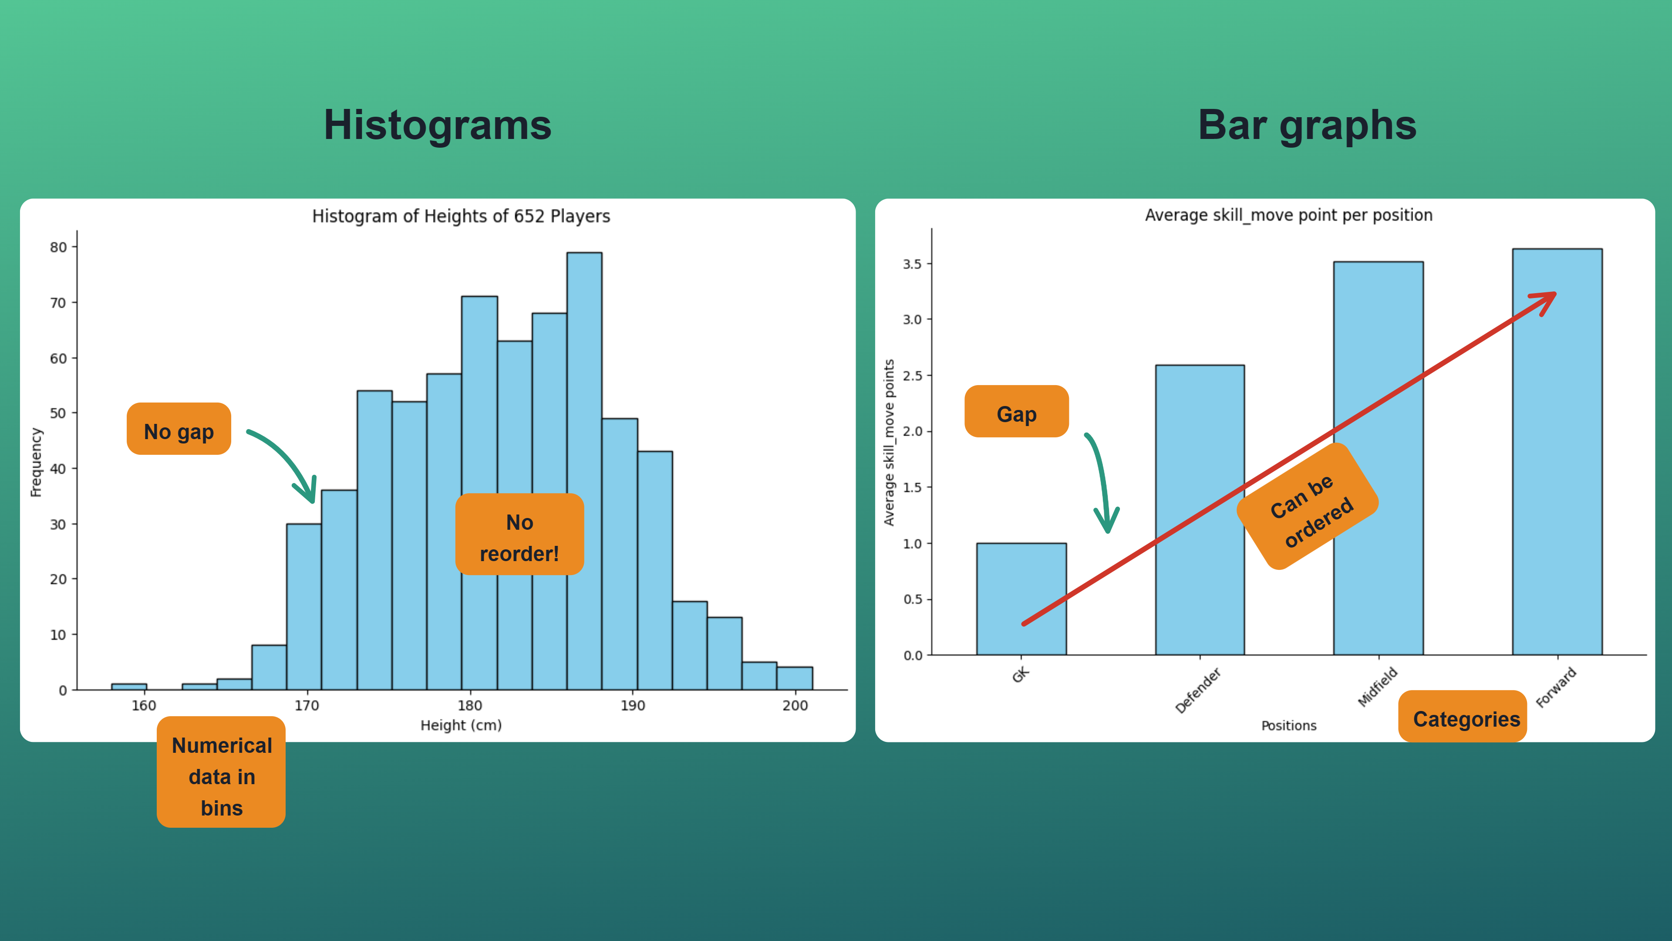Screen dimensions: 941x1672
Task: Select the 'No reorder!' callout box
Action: (519, 535)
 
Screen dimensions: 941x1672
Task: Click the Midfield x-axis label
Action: (1377, 687)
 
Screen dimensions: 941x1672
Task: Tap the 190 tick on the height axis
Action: (632, 706)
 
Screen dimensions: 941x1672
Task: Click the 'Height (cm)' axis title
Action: (461, 725)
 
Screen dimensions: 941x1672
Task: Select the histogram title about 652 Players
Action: (461, 216)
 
